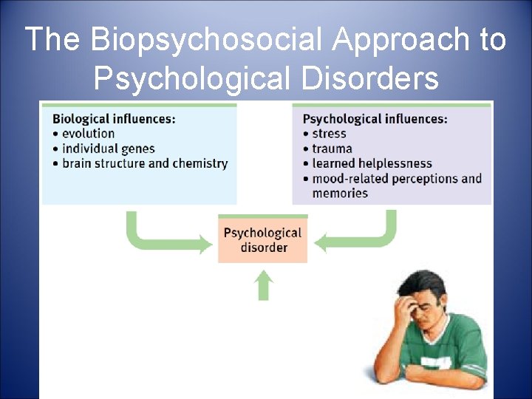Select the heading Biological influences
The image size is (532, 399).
point(114,118)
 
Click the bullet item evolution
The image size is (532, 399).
point(87,134)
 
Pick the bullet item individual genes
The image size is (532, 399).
point(108,149)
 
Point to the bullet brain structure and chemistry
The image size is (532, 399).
point(145,163)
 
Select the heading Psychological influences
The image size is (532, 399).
point(375,119)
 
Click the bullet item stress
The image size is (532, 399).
point(329,134)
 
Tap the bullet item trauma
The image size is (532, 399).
point(332,149)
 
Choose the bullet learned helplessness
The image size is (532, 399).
point(372,163)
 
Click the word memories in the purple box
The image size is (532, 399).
point(340,193)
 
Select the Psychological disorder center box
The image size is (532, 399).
point(263,239)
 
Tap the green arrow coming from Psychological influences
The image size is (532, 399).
point(362,236)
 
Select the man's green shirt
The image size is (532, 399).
point(454,355)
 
